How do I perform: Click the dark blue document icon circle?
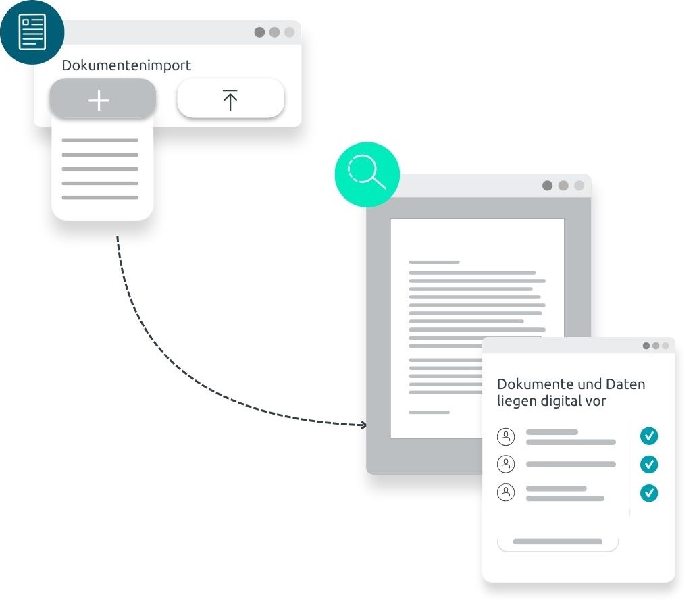tap(32, 32)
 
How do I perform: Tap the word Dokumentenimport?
tap(126, 65)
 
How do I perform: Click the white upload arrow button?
tap(230, 99)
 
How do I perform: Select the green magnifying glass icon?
tap(367, 174)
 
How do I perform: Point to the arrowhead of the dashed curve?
tap(365, 425)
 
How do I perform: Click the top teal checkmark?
tap(649, 436)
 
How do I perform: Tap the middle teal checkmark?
tap(649, 465)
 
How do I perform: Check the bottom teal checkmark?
tap(649, 493)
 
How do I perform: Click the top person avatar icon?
tap(506, 437)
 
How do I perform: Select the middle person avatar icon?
tap(506, 465)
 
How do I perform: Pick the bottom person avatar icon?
tap(506, 492)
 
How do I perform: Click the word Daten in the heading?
tap(625, 384)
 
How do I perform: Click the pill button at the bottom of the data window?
tap(558, 542)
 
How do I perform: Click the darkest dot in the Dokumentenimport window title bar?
tap(259, 32)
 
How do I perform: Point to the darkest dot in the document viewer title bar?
tap(548, 186)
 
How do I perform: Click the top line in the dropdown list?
tap(100, 140)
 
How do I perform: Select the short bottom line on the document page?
tap(430, 413)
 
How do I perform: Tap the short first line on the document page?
tap(434, 263)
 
